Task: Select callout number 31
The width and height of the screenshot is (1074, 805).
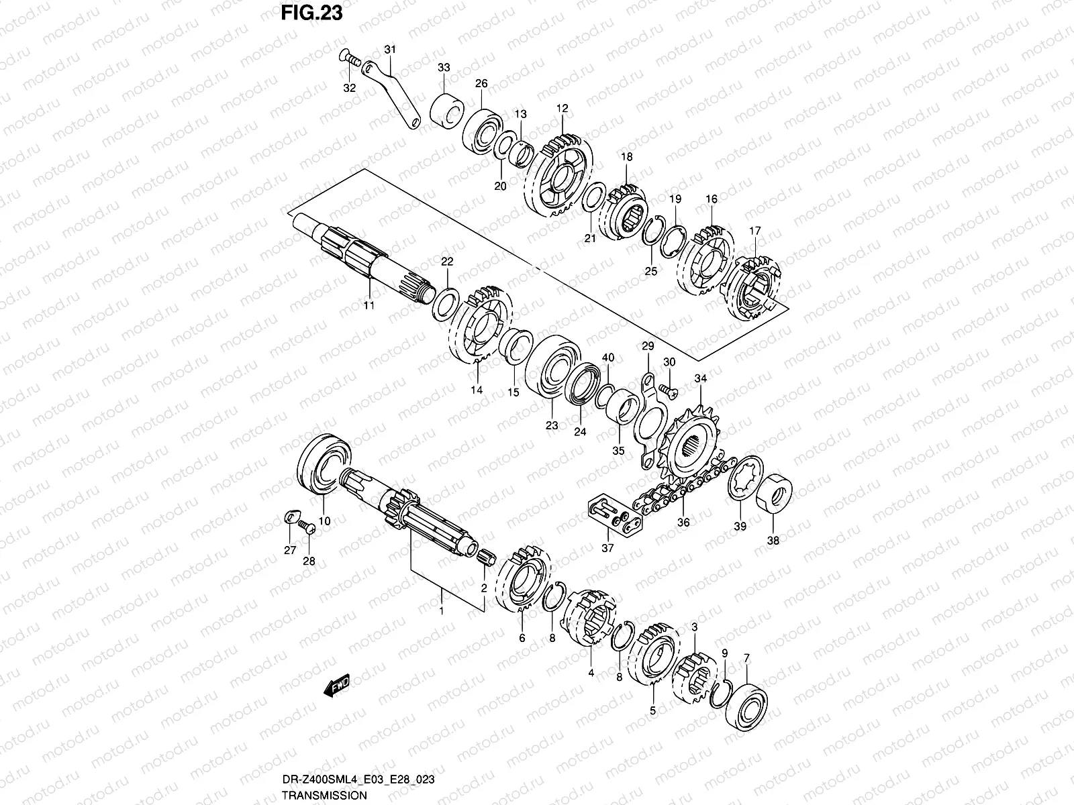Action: (390, 50)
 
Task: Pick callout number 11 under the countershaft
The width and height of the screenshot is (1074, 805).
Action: (369, 306)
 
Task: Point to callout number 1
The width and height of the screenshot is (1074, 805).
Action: (441, 592)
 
